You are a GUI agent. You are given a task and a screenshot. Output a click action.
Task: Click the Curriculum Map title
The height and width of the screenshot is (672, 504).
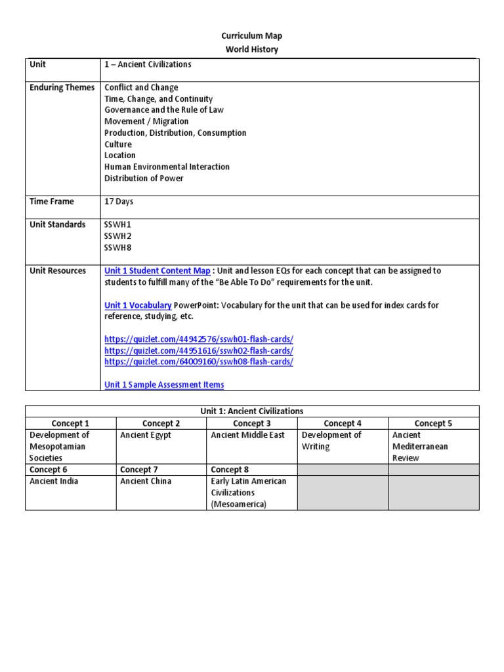pyautogui.click(x=251, y=36)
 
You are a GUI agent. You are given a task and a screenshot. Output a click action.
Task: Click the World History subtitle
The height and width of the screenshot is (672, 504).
pyautogui.click(x=251, y=49)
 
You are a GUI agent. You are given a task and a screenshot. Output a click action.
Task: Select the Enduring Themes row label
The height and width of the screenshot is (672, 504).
pyautogui.click(x=62, y=87)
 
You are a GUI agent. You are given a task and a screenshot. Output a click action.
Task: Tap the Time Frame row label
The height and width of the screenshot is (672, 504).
pyautogui.click(x=52, y=201)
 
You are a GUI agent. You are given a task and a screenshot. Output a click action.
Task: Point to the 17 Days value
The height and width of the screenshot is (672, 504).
pyautogui.click(x=119, y=201)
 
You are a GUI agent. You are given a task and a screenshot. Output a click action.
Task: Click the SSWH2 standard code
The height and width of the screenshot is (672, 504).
pyautogui.click(x=118, y=236)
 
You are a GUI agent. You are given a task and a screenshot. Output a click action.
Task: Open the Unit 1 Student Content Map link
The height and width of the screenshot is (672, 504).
pyautogui.click(x=157, y=270)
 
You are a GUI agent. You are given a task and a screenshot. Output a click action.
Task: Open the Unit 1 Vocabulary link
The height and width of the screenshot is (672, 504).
pyautogui.click(x=138, y=305)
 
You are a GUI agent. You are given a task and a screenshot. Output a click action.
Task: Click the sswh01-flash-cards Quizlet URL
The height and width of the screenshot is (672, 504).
pyautogui.click(x=199, y=339)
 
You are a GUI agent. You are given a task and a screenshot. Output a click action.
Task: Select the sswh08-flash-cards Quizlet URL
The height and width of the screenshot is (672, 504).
pyautogui.click(x=199, y=362)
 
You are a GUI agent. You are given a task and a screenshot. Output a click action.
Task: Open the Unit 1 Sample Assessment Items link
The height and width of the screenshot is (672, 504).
pyautogui.click(x=164, y=385)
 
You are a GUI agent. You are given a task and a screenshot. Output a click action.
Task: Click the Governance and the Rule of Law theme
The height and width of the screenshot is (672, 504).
pyautogui.click(x=164, y=110)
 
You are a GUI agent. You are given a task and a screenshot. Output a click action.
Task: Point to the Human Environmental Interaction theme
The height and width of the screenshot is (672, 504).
pyautogui.click(x=167, y=167)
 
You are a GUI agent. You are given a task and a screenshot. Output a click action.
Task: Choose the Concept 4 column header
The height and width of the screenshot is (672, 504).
pyautogui.click(x=343, y=423)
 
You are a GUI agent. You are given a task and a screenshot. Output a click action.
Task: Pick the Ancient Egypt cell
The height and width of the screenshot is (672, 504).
pyautogui.click(x=146, y=434)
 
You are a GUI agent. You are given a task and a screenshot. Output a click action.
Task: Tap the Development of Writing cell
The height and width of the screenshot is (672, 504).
pyautogui.click(x=331, y=440)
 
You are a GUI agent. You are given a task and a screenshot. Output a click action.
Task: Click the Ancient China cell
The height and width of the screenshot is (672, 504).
pyautogui.click(x=146, y=481)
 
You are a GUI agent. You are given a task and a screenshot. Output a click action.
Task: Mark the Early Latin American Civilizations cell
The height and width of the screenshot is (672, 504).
pyautogui.click(x=249, y=492)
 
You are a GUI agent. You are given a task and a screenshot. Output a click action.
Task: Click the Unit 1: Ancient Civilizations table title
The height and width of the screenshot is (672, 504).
pyautogui.click(x=252, y=411)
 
